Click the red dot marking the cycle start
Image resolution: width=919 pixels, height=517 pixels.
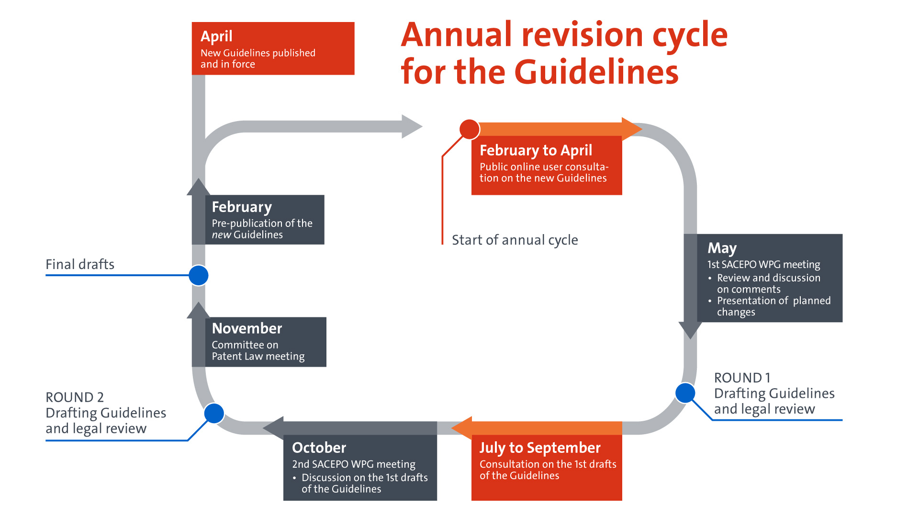(470, 129)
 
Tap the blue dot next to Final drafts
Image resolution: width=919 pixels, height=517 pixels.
(199, 275)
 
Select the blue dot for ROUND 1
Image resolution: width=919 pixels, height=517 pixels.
(685, 393)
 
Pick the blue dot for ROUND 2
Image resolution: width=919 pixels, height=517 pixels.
(214, 414)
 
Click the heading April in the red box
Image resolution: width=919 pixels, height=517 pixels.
(216, 36)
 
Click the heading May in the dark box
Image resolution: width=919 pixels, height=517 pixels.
(722, 248)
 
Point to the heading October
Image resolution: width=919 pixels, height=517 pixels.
(319, 448)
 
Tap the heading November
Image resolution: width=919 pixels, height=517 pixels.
(247, 328)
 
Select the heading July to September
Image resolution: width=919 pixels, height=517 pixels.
(540, 448)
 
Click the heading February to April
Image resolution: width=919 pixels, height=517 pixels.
(536, 150)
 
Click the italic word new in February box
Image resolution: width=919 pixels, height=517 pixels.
(221, 235)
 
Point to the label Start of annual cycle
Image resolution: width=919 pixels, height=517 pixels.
(515, 240)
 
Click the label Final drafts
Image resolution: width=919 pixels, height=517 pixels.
(80, 264)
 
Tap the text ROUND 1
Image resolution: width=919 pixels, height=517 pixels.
(742, 378)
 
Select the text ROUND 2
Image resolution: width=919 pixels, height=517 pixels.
(75, 397)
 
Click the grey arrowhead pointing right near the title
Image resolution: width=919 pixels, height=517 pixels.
(411, 126)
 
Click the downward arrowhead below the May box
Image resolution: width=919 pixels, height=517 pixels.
(690, 330)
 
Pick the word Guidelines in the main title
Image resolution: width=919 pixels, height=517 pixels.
(596, 72)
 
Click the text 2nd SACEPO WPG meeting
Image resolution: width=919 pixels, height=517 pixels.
(354, 464)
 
